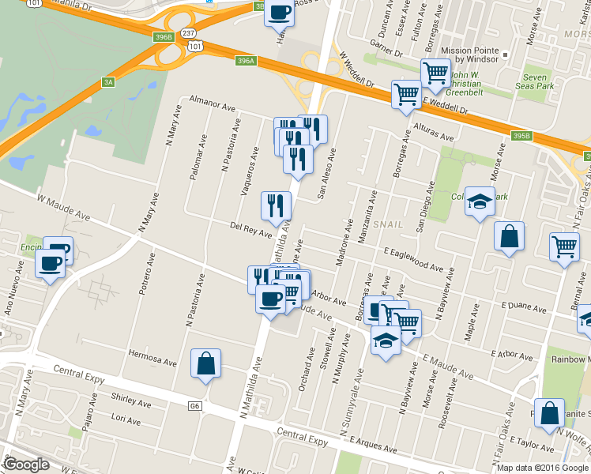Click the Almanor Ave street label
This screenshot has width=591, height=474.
tap(213, 103)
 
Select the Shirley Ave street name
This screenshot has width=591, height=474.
tap(126, 398)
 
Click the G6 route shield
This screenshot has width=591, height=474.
tap(194, 407)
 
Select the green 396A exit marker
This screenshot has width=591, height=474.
tap(246, 60)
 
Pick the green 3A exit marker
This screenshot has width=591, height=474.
tap(109, 81)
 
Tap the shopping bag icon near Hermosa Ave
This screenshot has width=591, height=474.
tap(205, 364)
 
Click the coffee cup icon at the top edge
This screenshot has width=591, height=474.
tap(279, 12)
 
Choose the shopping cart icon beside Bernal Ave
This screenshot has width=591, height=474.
tap(565, 246)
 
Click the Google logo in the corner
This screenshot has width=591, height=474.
tap(25, 465)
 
